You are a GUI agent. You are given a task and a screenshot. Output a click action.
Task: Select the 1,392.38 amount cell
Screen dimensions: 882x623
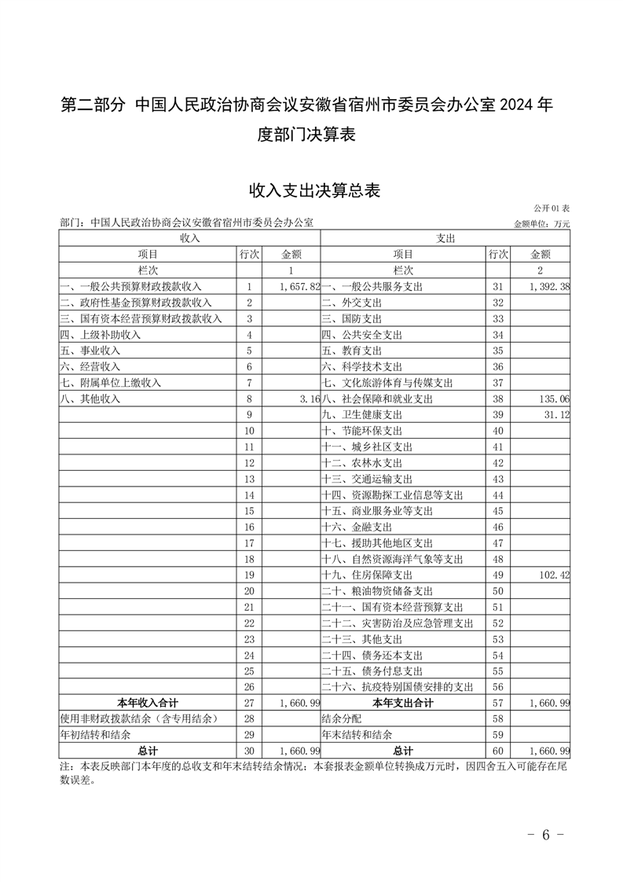coord(549,287)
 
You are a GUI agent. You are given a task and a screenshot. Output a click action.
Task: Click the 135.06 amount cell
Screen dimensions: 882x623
coord(554,399)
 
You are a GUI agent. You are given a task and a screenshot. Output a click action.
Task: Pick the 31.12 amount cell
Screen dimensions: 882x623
coord(556,414)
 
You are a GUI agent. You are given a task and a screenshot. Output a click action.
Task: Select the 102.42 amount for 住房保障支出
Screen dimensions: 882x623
coord(554,575)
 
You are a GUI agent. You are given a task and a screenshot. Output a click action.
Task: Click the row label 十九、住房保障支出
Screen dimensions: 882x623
coord(361,575)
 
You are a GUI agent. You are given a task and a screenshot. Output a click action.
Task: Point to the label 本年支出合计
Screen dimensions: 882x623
coord(403,703)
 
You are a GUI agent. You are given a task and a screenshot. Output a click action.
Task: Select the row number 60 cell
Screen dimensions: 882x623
coord(497,751)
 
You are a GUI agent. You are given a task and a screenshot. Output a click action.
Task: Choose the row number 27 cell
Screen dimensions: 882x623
coord(250,703)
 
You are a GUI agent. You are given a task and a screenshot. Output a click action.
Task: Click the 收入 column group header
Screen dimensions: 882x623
coord(190,238)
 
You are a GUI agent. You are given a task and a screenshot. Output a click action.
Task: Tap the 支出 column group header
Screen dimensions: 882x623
coord(445,238)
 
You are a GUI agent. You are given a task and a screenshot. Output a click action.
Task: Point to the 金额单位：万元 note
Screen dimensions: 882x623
coord(541,224)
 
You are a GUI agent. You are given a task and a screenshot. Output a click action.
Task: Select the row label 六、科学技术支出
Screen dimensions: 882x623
coord(361,366)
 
